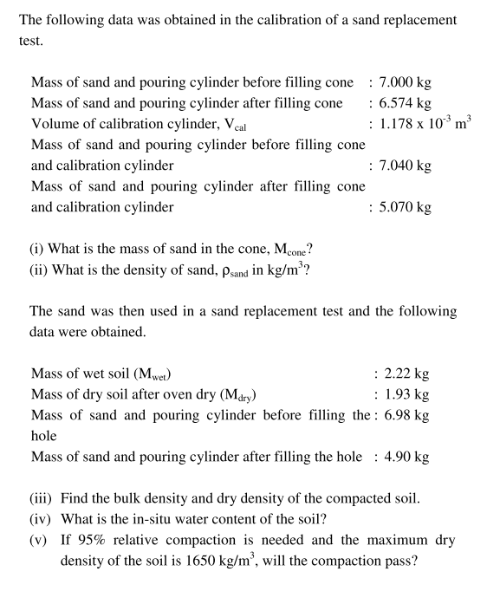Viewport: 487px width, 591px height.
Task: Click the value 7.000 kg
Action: (406, 82)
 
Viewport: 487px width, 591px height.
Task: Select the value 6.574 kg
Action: (406, 103)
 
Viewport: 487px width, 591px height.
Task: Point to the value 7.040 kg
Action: (406, 165)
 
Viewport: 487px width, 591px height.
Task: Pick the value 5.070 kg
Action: (406, 206)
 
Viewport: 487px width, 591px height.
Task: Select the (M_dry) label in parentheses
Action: (228, 395)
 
